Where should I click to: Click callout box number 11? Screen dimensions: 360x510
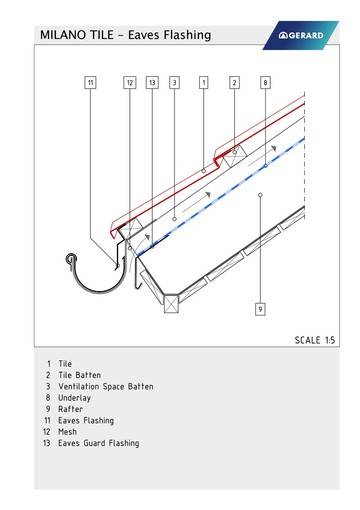pos(90,82)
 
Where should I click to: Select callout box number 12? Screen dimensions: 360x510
pos(130,82)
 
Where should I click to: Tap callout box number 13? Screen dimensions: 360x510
pos(152,82)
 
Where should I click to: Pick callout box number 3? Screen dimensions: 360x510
pos(174,82)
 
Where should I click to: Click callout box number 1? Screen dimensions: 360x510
pos(204,82)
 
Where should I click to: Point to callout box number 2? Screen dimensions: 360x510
pos(234,82)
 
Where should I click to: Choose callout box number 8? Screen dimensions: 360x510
pos(265,82)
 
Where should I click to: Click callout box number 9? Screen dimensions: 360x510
pos(260,309)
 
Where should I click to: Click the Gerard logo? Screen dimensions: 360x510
pos(301,35)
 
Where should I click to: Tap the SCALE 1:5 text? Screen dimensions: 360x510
pos(315,340)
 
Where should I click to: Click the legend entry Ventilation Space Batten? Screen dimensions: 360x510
pos(106,387)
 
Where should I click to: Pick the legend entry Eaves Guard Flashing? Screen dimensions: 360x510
pos(99,443)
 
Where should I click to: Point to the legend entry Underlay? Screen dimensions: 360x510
pos(74,398)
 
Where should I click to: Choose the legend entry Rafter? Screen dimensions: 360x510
pos(70,409)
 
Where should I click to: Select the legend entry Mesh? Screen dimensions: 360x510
pos(67,432)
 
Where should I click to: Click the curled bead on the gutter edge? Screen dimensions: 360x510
pos(71,259)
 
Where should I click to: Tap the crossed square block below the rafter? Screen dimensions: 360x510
pos(171,304)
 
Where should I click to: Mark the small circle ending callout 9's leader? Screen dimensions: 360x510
pos(260,195)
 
